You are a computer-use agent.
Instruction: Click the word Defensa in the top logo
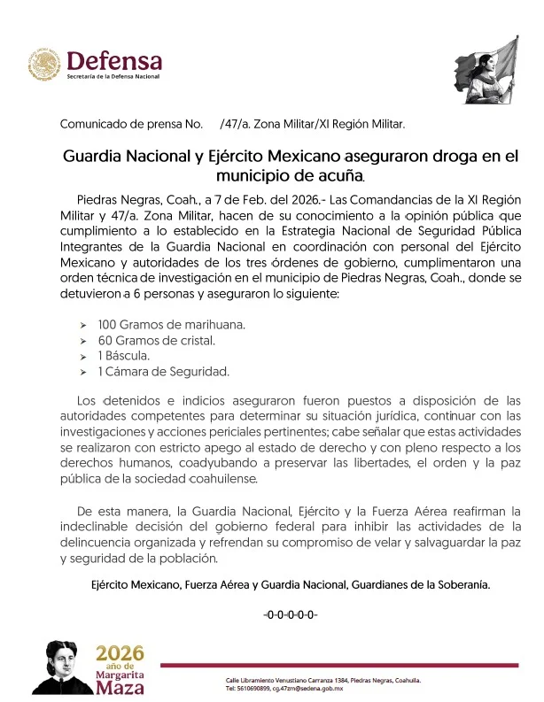[114, 60]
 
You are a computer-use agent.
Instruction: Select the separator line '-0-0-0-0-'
[291, 614]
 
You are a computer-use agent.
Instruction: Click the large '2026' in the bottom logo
[119, 653]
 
